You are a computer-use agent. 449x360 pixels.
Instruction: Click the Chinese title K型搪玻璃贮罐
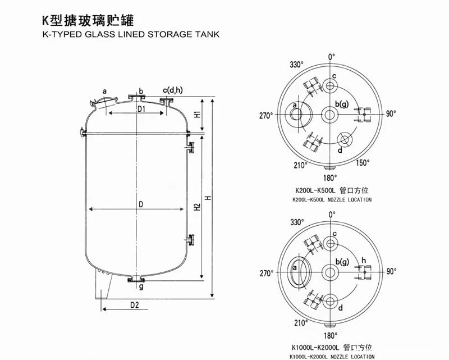coord(88,20)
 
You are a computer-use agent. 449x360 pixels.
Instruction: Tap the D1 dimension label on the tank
coord(141,108)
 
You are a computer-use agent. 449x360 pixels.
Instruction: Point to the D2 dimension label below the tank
coord(134,305)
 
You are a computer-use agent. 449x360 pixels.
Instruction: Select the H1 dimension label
coord(198,114)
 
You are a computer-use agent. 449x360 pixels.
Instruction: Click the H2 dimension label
coord(198,207)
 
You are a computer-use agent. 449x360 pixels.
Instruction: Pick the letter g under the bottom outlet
coord(141,286)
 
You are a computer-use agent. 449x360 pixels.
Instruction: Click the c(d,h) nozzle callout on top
coord(172,90)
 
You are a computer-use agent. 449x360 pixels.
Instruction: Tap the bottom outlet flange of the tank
coord(136,279)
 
